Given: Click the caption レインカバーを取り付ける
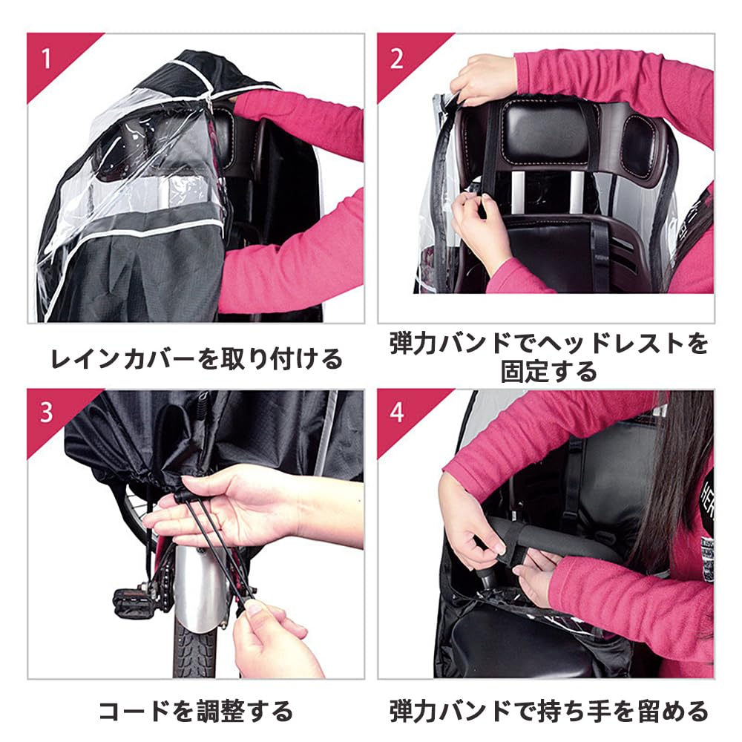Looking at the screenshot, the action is (196, 358).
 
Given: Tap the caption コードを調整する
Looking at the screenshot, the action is (196, 712).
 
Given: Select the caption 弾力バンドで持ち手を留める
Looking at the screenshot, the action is (548, 712).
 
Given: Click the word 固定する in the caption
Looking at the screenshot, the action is (548, 372).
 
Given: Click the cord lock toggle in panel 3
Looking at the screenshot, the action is (181, 497).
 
